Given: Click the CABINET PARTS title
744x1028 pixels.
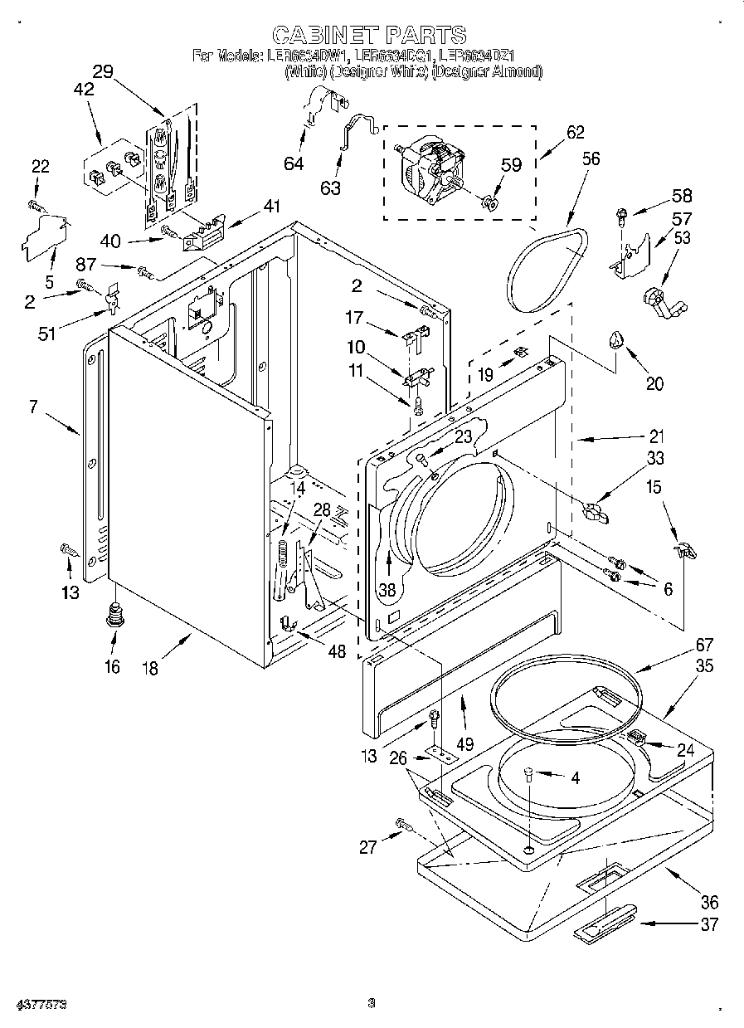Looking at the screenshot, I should (369, 34).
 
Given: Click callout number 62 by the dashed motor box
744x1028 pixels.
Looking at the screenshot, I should (575, 132).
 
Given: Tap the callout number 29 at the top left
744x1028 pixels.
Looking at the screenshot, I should (103, 72).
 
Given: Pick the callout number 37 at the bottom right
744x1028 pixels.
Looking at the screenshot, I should (708, 924).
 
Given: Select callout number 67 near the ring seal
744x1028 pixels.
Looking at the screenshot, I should (681, 644).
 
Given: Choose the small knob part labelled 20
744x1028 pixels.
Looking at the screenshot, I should (616, 339).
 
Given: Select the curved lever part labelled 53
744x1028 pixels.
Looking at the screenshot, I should (663, 300).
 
